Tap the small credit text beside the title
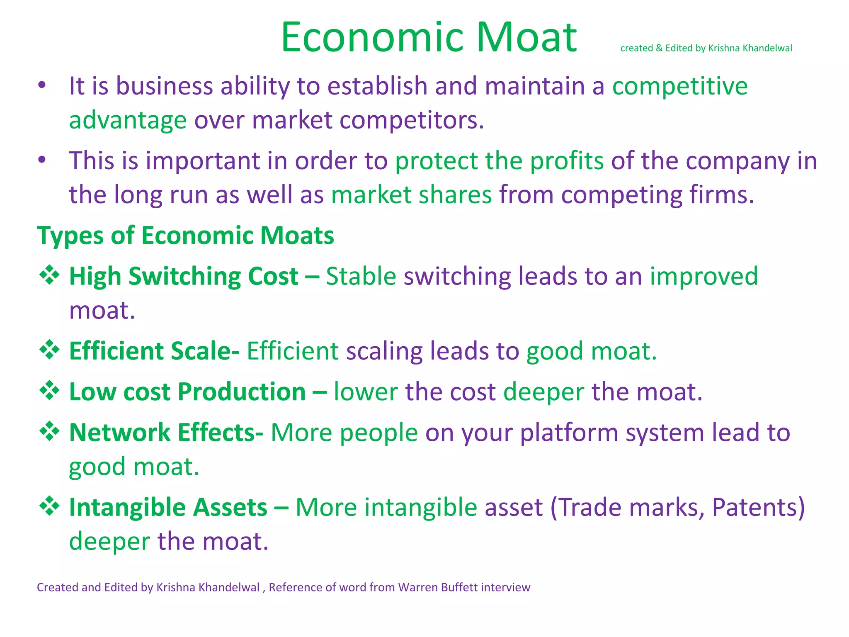pos(706,48)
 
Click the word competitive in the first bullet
pos(680,86)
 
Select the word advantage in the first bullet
pos(128,120)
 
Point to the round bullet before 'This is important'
pos(41,160)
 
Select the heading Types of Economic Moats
pos(185,236)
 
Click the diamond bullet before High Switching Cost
pos(49,275)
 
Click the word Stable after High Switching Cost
pos(361,276)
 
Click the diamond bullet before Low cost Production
pos(49,391)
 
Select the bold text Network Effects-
pos(166,433)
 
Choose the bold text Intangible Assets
pos(168,507)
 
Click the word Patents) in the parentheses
pos(758,507)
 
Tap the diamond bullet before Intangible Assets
pos(49,506)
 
